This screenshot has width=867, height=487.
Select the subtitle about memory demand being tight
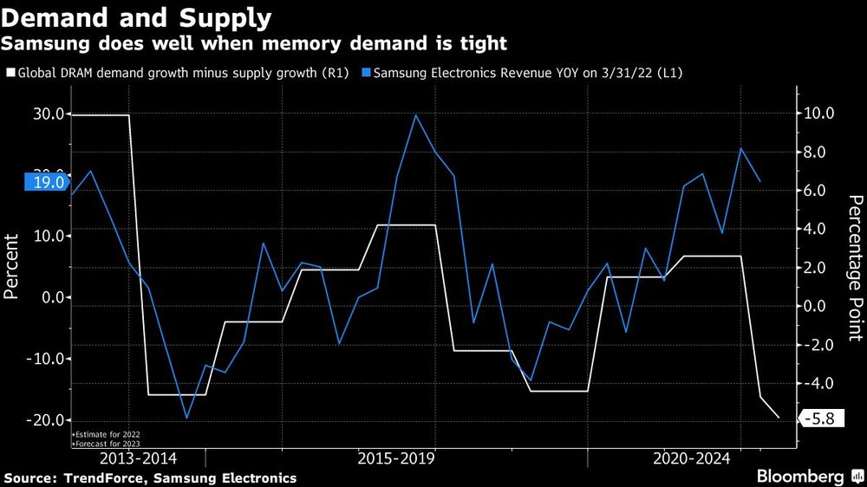(255, 42)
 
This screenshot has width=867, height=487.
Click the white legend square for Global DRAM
(10, 74)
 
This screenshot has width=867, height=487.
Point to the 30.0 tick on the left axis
(49, 114)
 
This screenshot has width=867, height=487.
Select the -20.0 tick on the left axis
(47, 420)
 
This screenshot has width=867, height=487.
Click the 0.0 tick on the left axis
(54, 297)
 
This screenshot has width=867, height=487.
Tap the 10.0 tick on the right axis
(818, 114)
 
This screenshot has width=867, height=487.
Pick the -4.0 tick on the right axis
(818, 383)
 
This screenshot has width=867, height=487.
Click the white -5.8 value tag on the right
(818, 419)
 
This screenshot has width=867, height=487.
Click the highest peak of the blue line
(415, 115)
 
